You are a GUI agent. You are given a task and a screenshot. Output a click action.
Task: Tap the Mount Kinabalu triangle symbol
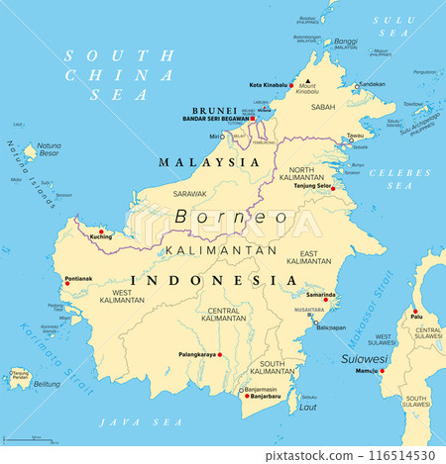click(x=307, y=81)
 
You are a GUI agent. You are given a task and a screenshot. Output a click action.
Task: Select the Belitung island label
click(x=47, y=384)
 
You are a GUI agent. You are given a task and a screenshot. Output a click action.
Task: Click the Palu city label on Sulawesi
click(x=416, y=317)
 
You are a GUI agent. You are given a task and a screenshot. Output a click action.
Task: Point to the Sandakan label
click(x=373, y=85)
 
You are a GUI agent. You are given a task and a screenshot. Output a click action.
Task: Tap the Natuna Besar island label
click(x=49, y=151)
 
